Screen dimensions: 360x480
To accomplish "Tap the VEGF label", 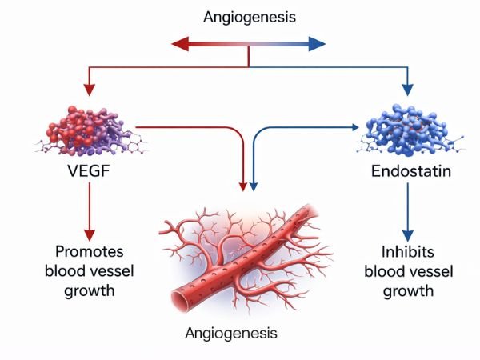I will coord(89,171).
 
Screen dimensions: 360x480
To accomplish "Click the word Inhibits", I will coord(408,250).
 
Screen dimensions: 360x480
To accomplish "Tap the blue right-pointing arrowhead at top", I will coord(319,44).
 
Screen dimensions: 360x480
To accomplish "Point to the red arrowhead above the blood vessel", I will coord(243,186).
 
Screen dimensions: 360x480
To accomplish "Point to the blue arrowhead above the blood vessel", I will coord(254,186).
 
